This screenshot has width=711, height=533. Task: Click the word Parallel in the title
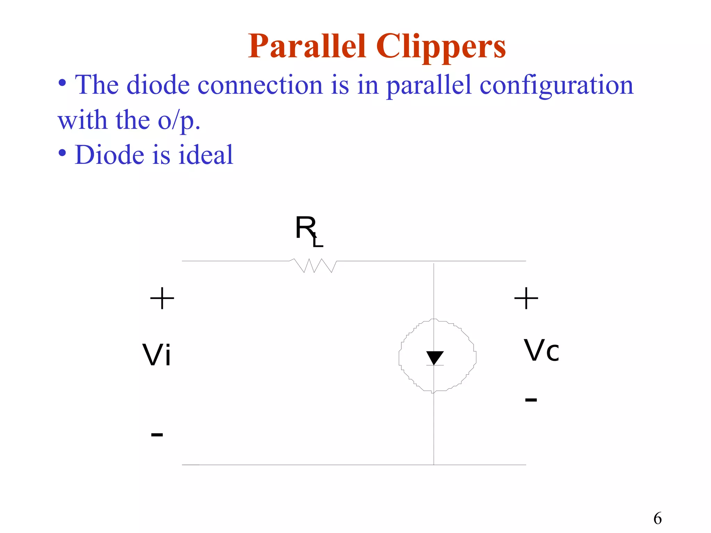point(307,47)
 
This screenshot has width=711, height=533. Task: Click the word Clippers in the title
point(441,47)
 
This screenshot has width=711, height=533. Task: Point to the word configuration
point(556,85)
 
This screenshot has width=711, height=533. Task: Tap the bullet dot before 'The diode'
point(62,83)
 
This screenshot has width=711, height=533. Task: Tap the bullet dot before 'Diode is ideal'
point(62,153)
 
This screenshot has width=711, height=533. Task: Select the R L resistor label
point(308,231)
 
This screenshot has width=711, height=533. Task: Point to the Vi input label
point(157,355)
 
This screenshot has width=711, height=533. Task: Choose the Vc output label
point(541,351)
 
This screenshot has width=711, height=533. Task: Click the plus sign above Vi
point(162,298)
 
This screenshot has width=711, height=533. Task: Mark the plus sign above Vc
point(526,298)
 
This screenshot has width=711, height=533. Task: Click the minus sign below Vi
point(157,434)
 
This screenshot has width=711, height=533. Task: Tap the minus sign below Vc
point(531,400)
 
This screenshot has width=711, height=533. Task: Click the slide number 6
point(658,518)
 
